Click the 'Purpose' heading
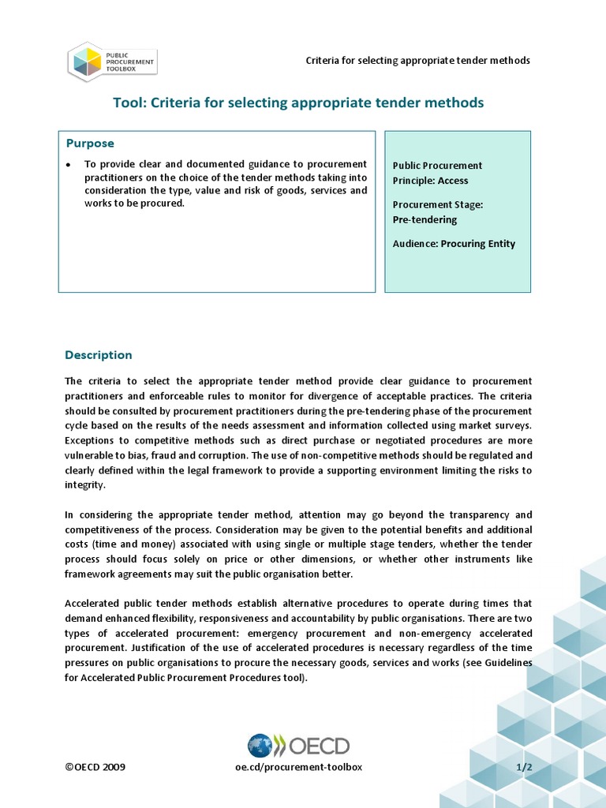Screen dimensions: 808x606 90,144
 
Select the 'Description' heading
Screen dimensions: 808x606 99,355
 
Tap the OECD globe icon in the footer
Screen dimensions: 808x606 260,746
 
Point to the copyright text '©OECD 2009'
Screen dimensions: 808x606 95,767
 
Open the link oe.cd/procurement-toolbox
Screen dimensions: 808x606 298,767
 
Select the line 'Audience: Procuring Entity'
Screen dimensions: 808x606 454,244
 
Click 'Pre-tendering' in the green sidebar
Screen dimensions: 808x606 425,219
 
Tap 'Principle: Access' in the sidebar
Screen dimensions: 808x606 430,181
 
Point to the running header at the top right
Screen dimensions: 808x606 417,61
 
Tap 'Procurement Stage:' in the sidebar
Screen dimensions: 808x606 437,204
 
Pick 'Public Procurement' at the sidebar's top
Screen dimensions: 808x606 437,166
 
